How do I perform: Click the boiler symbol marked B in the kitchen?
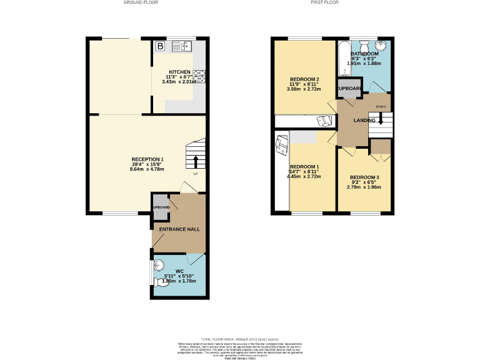(x=161, y=46)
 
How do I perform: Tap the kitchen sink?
(x=184, y=46)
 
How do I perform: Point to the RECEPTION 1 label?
(x=147, y=160)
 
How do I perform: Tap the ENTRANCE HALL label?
(x=179, y=229)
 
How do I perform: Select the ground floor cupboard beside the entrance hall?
(x=160, y=208)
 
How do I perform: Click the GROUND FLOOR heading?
(x=141, y=2)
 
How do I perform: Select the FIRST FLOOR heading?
(x=324, y=2)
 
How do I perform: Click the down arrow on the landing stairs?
(x=381, y=120)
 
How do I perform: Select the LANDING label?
(x=364, y=120)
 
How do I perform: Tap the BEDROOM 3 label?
(x=364, y=177)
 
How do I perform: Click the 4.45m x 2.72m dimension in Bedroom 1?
(x=304, y=176)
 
